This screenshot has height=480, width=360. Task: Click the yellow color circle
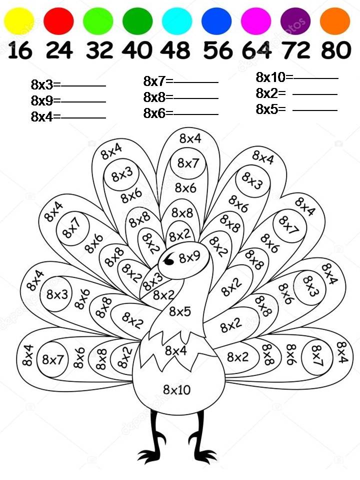coord(18,21)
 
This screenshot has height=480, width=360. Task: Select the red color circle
coord(59,21)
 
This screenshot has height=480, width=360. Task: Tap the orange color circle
coord(335,21)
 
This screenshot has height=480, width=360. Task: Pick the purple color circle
coord(295,21)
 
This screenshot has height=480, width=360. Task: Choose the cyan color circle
coord(177,21)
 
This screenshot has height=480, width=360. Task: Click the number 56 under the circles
coord(218,50)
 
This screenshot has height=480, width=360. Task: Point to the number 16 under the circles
coord(20,50)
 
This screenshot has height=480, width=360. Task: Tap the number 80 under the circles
coord(336,50)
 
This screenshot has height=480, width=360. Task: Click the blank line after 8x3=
coord(83,86)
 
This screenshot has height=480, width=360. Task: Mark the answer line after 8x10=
coord(316,78)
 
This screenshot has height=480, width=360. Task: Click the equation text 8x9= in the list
coord(45,100)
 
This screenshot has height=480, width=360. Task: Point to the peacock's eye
coord(168,260)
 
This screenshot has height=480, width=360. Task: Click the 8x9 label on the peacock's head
coord(189,257)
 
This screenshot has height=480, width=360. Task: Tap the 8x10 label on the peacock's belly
coord(177,389)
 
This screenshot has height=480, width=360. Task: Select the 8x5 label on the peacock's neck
coord(180,311)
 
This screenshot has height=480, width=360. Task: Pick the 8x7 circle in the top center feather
coord(188,163)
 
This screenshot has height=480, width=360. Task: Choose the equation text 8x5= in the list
coord(270,109)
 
